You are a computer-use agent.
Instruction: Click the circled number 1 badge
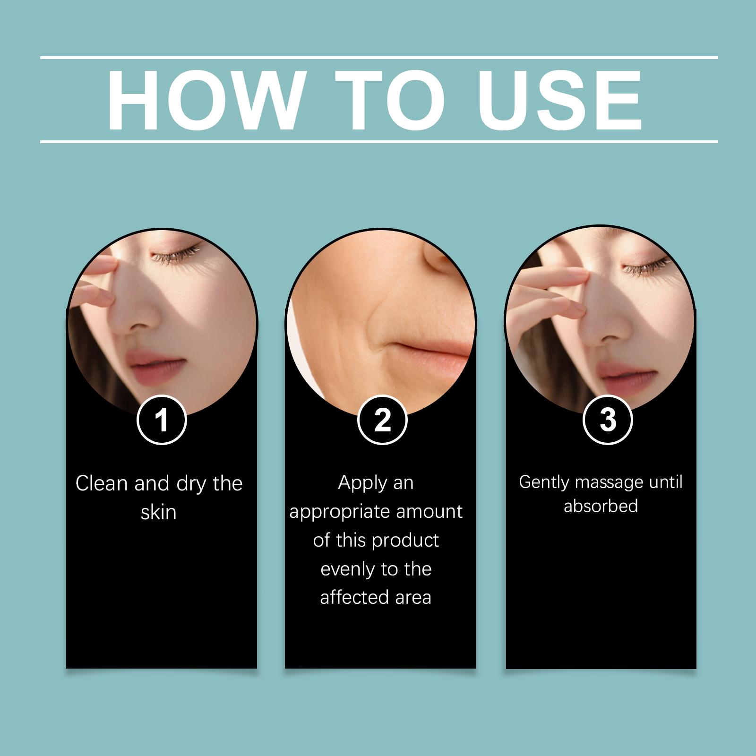(x=162, y=420)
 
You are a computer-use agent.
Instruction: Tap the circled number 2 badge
(x=382, y=420)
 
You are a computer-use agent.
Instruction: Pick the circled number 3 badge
(x=608, y=420)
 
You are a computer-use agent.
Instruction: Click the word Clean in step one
(x=102, y=483)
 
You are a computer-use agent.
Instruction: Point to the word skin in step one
(x=159, y=512)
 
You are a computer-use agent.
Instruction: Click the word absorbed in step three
(x=601, y=506)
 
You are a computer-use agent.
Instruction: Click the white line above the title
(x=379, y=58)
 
